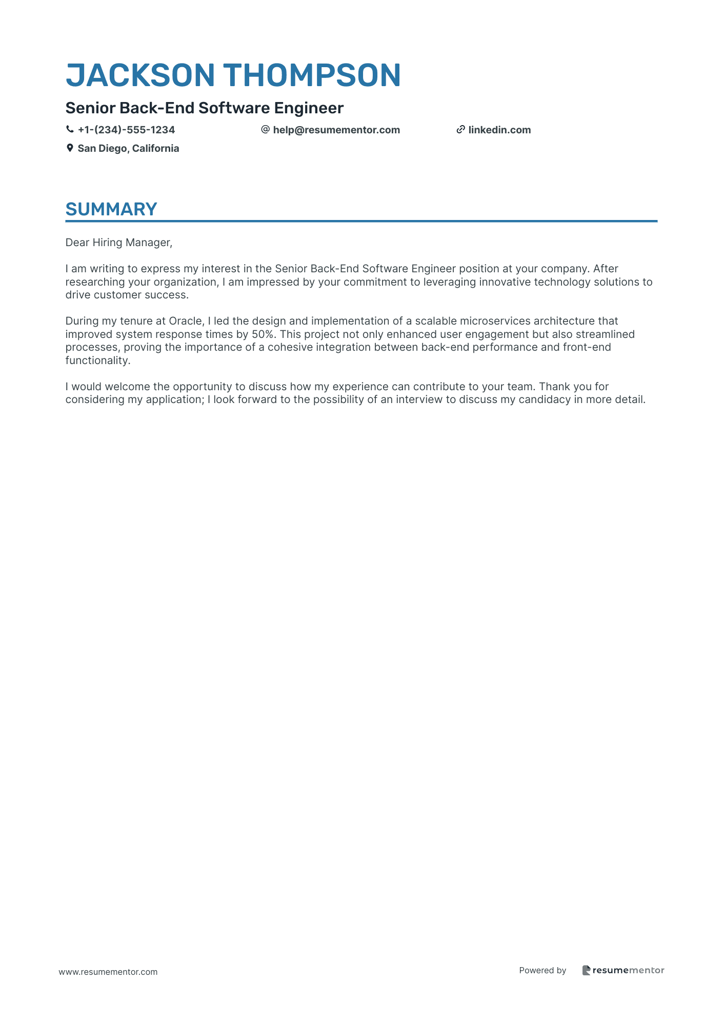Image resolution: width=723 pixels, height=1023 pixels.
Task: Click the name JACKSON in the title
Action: [140, 75]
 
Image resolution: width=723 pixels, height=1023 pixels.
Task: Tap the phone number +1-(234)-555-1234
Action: [126, 130]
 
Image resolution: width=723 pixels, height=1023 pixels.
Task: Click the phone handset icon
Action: [70, 130]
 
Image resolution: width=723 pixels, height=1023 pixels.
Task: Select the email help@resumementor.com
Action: [336, 130]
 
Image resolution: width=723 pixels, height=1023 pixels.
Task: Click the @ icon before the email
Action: [265, 130]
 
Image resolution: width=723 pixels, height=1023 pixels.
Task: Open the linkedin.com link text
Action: [499, 130]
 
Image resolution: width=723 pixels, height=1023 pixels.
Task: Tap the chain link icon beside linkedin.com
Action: [460, 130]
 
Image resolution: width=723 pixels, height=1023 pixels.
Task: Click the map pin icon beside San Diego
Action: [70, 148]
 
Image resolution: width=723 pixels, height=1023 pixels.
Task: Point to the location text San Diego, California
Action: [128, 148]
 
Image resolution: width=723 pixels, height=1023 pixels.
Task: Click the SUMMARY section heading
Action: [111, 209]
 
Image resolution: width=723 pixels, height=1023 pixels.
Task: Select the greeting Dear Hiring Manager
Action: [118, 243]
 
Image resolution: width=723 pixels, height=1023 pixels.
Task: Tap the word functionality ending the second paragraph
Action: [97, 360]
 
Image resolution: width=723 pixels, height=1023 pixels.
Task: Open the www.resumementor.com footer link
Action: [108, 972]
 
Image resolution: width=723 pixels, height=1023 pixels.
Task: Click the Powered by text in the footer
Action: [543, 970]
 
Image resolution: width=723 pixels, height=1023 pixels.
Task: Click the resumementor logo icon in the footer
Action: [586, 970]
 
